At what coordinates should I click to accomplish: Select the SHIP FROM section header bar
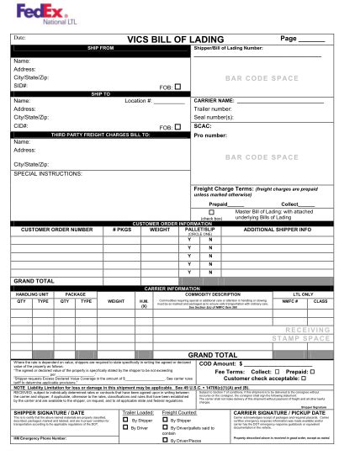(x=100, y=48)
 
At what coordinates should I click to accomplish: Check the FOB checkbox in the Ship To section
(x=177, y=86)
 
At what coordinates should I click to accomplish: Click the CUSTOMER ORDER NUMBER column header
(x=57, y=229)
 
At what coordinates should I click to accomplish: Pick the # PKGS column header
(x=123, y=229)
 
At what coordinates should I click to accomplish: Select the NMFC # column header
(x=289, y=300)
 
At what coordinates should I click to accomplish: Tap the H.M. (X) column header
(x=144, y=302)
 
